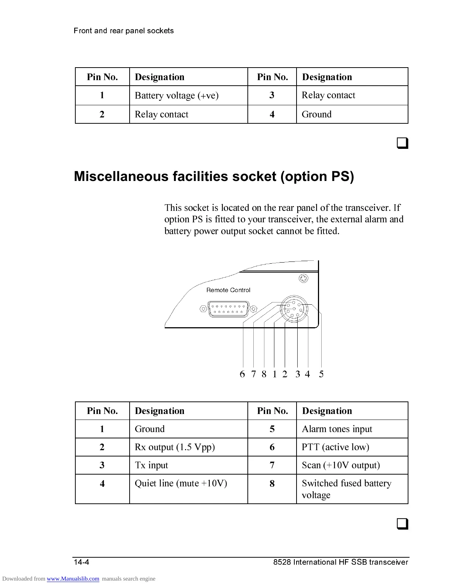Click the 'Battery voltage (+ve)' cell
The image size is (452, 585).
(x=177, y=96)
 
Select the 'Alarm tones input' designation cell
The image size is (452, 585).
(x=337, y=429)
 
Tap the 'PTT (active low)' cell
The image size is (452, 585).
(x=335, y=447)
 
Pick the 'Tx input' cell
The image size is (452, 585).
(x=151, y=465)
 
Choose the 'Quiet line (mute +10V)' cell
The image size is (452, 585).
(x=181, y=483)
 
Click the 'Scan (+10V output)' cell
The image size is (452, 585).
(x=340, y=465)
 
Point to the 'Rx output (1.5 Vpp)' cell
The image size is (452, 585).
(x=175, y=447)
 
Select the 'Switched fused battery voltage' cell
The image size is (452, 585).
(x=346, y=489)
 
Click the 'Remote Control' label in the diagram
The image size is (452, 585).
(x=228, y=290)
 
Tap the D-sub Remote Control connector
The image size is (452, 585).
(x=228, y=309)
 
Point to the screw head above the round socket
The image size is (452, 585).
(x=303, y=278)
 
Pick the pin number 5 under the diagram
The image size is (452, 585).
(x=321, y=374)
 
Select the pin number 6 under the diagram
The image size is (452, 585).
(x=242, y=374)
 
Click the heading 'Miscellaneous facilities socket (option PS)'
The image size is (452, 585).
(x=214, y=177)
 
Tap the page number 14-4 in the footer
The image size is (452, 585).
(x=81, y=562)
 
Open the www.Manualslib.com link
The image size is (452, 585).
(x=73, y=579)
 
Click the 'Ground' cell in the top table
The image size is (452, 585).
(x=316, y=114)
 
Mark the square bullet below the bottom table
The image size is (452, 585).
(x=403, y=524)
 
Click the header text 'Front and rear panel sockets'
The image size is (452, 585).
(x=124, y=31)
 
